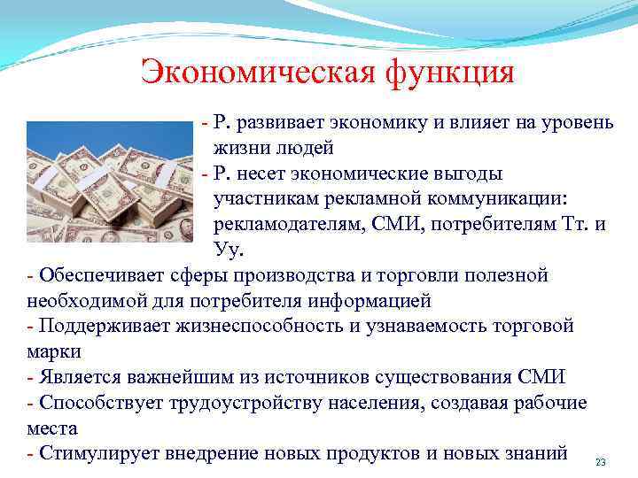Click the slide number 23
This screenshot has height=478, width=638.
(600, 463)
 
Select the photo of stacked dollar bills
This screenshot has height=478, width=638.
(110, 181)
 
